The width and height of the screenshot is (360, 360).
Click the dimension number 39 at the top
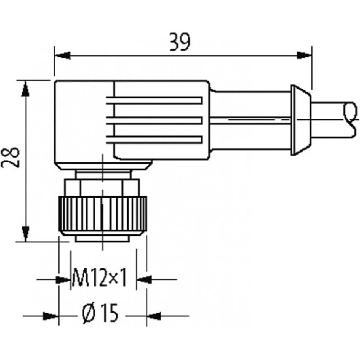click(x=180, y=42)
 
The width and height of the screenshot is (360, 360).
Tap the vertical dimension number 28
click(x=11, y=158)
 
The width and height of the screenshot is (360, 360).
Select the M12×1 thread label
click(x=99, y=277)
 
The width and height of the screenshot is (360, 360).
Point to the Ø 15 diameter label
click(x=100, y=313)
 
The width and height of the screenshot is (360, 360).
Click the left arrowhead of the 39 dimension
click(x=63, y=55)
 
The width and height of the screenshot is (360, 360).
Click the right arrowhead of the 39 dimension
click(x=304, y=55)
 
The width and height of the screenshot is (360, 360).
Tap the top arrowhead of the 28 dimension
click(x=25, y=88)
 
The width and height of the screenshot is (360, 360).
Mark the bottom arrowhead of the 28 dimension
click(x=25, y=234)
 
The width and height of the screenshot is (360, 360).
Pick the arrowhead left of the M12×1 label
click(x=63, y=280)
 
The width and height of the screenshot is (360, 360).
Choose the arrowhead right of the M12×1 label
click(x=144, y=280)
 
